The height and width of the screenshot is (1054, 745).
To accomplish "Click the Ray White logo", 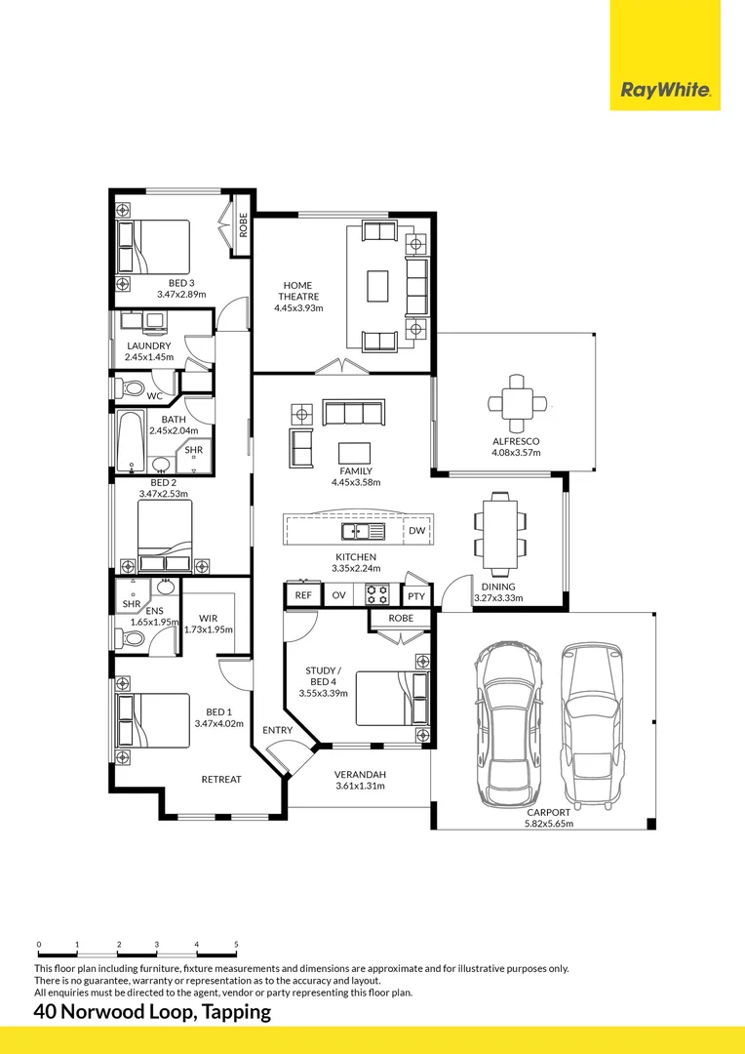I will pyautogui.click(x=665, y=92).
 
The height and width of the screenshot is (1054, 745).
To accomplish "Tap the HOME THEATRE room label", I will pyautogui.click(x=298, y=291).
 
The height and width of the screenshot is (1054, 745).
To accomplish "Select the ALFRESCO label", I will pyautogui.click(x=515, y=441).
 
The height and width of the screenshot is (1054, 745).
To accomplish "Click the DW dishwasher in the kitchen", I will pyautogui.click(x=416, y=531).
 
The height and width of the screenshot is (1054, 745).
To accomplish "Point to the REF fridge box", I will pyautogui.click(x=303, y=594).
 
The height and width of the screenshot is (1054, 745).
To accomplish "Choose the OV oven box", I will pyautogui.click(x=338, y=594).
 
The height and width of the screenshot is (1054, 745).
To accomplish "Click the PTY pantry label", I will pyautogui.click(x=416, y=595).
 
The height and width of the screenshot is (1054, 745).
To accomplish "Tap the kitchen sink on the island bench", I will pyautogui.click(x=360, y=532).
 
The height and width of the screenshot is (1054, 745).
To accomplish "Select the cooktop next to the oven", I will pyautogui.click(x=376, y=594).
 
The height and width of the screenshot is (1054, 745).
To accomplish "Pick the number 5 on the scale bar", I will pyautogui.click(x=236, y=945).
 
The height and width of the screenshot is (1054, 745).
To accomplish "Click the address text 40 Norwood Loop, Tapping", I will pyautogui.click(x=152, y=1012).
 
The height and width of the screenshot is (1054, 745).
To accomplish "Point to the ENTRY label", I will pyautogui.click(x=277, y=730).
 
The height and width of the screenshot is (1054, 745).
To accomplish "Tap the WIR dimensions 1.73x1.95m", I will pyautogui.click(x=209, y=629).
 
